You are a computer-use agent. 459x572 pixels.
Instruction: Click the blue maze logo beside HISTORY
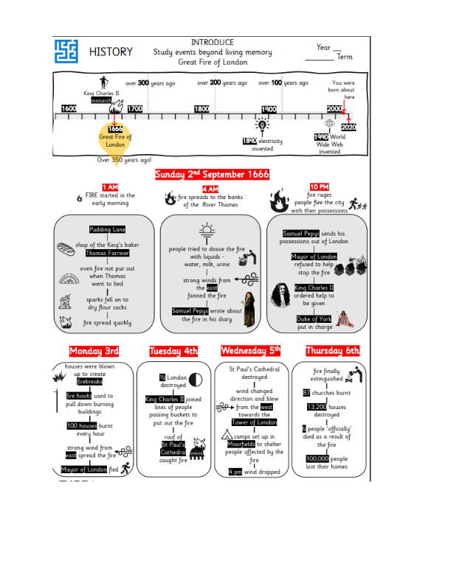pos(66,52)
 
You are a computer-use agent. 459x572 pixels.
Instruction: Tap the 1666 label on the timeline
pos(114,129)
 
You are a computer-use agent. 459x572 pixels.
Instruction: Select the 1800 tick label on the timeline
pos(201,109)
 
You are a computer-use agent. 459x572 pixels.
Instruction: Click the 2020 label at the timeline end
pos(349,128)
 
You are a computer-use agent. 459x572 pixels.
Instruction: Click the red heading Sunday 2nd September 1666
pos(212,175)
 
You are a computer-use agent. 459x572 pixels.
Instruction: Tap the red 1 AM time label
pos(110,188)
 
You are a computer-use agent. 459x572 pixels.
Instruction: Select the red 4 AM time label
pos(210,189)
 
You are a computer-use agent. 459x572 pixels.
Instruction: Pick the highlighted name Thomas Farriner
pos(108,253)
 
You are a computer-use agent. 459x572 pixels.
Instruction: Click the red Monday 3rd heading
pos(94,351)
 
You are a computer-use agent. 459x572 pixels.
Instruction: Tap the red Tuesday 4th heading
pos(174,351)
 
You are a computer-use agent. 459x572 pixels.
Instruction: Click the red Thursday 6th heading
pos(332,351)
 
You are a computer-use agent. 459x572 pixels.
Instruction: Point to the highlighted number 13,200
pos(317,406)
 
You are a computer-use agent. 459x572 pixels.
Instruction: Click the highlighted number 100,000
pos(318,458)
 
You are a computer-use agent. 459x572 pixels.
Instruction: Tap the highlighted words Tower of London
pos(254,422)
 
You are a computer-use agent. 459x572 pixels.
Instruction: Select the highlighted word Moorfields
pos(240,444)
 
